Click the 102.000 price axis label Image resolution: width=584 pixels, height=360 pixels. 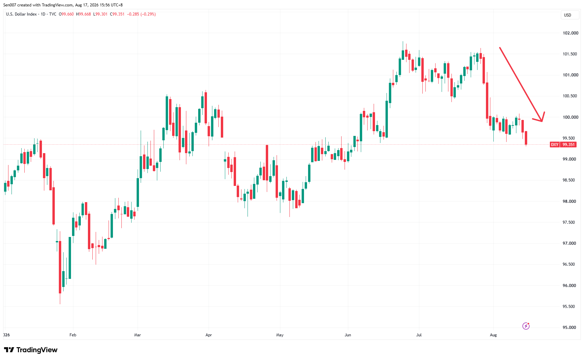[x=570, y=33]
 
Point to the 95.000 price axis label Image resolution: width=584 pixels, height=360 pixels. [x=569, y=328]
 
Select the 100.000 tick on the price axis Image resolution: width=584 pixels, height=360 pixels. [x=570, y=117]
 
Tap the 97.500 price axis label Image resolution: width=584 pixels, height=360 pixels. [x=569, y=222]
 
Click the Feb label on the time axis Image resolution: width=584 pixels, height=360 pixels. [x=73, y=335]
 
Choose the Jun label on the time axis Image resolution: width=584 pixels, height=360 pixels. [x=348, y=335]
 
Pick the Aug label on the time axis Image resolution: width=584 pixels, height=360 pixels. [x=493, y=335]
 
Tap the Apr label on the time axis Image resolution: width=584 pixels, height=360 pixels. [x=209, y=335]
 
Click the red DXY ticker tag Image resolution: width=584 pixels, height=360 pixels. [x=555, y=145]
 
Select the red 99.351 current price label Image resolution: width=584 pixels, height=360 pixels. [x=568, y=145]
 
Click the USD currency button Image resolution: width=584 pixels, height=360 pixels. [x=567, y=15]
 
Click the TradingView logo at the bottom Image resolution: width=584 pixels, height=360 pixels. [x=31, y=350]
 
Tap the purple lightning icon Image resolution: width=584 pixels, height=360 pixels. [x=526, y=326]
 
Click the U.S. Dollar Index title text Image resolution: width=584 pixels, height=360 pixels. [x=21, y=14]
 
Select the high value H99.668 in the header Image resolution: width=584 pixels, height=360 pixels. [x=84, y=14]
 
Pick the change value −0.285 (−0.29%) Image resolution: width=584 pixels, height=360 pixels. [x=141, y=14]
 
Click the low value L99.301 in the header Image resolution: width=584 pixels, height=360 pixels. [x=100, y=14]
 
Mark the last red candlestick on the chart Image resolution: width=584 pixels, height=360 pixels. [x=526, y=138]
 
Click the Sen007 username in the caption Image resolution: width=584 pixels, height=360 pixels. [x=10, y=5]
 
